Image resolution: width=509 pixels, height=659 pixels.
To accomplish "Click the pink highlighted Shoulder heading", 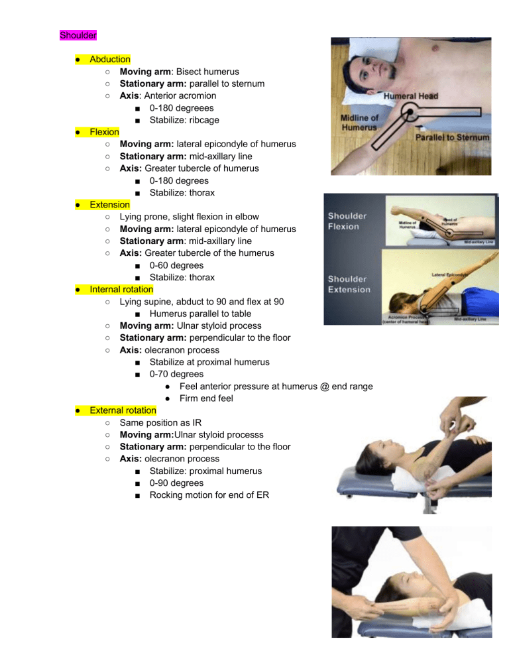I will (78, 34).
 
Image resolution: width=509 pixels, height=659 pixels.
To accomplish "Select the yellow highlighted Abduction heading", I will (110, 59).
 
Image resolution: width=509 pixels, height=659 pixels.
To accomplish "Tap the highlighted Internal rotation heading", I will (121, 289).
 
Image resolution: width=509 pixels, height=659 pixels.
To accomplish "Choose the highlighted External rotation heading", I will (123, 410).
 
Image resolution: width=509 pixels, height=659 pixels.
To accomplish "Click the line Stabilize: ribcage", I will (184, 120).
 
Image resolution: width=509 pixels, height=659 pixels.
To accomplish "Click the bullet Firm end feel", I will (206, 398).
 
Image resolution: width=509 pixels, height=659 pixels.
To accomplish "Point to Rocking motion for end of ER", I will (209, 495).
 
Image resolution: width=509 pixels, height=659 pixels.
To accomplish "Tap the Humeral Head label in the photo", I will (411, 96).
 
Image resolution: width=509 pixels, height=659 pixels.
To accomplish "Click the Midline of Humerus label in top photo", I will (360, 123).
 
